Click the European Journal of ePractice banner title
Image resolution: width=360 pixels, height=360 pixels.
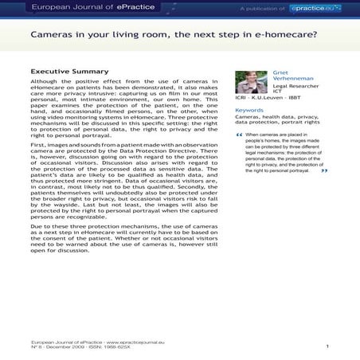point(88,7)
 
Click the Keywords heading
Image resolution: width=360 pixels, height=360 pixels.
point(249,111)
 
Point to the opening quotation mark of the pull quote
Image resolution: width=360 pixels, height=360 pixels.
point(239,135)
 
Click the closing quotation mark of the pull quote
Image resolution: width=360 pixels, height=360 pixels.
point(323,171)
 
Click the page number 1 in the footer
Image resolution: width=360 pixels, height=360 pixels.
point(327,347)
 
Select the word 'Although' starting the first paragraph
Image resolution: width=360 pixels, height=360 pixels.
point(45,82)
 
